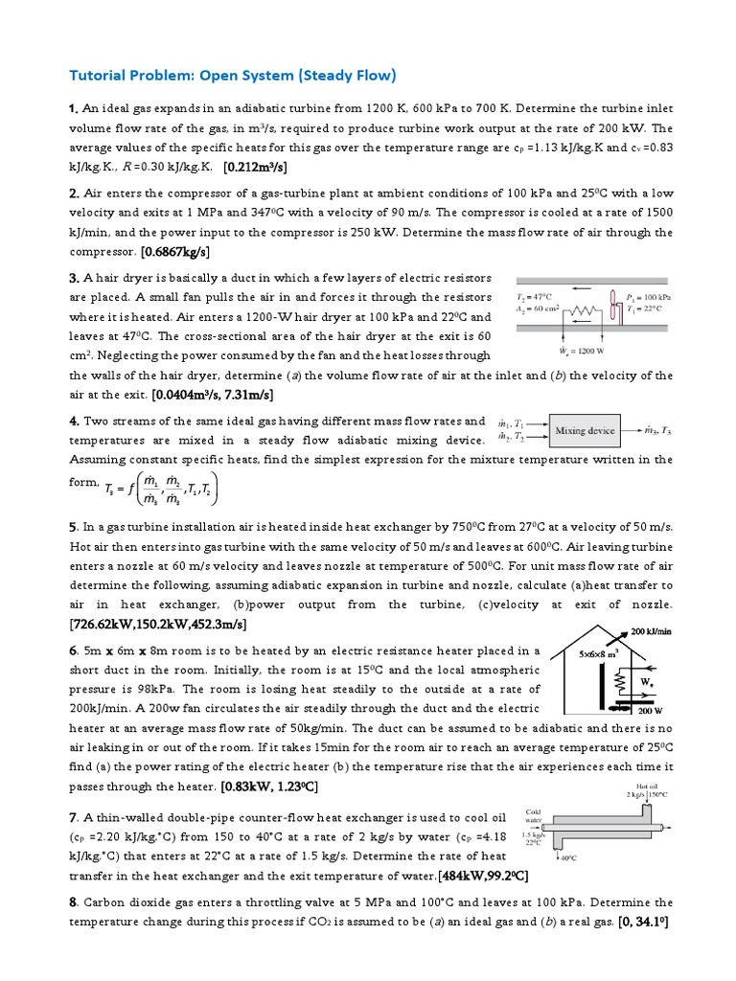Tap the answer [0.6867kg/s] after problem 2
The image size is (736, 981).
[174, 252]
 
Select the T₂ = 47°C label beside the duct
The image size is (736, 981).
[537, 298]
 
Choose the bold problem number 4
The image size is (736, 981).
[74, 422]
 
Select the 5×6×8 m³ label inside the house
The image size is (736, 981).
[600, 653]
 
